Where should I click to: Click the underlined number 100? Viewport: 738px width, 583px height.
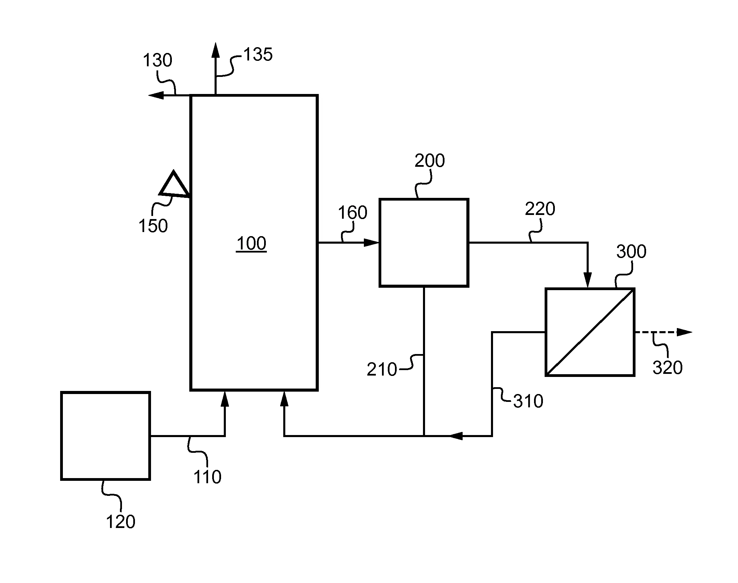click(251, 244)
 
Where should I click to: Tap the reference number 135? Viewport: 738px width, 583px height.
click(258, 54)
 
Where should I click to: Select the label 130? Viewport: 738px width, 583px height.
click(157, 60)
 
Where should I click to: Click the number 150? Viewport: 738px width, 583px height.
click(153, 226)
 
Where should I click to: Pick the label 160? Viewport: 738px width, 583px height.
click(352, 213)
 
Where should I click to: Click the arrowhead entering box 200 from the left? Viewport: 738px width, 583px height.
click(372, 243)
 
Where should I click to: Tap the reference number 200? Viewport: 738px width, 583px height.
click(429, 161)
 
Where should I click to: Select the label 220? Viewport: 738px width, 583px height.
click(540, 208)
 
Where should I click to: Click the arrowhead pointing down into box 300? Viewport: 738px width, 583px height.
click(588, 280)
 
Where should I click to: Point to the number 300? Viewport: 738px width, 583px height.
click(631, 252)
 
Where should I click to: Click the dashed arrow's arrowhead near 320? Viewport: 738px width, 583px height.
click(685, 332)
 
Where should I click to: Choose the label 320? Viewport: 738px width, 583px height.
click(668, 368)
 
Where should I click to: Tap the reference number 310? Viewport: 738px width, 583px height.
click(528, 401)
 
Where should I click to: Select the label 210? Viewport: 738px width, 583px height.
click(382, 369)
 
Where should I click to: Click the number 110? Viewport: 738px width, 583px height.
click(207, 477)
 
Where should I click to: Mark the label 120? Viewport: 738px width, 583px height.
click(121, 522)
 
